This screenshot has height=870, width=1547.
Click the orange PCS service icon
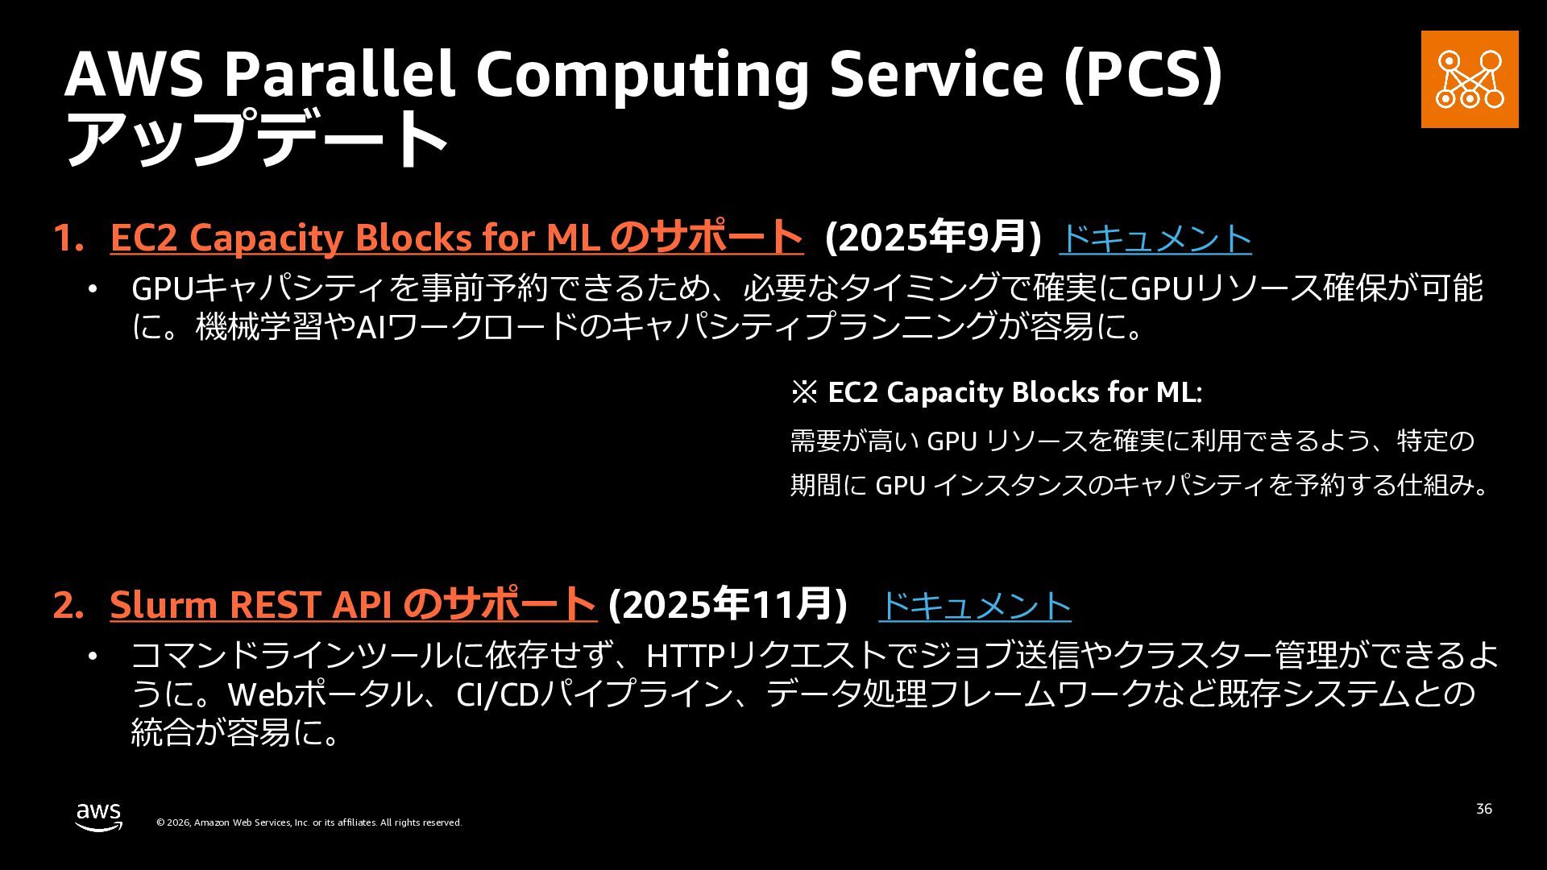click(x=1470, y=79)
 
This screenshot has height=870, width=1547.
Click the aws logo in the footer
click(x=99, y=817)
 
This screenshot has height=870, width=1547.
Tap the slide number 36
click(x=1484, y=809)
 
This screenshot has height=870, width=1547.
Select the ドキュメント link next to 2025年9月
click(x=1155, y=238)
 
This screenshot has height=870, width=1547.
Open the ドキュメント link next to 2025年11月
click(x=975, y=606)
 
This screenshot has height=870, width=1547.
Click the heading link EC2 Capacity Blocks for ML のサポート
click(x=457, y=238)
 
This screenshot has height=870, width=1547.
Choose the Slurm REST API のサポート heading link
click(x=353, y=605)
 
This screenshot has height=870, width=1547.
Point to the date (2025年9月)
click(x=933, y=238)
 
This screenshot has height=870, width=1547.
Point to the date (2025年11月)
click(x=728, y=605)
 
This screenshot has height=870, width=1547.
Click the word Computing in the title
click(x=642, y=75)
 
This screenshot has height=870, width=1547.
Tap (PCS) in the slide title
click(x=1143, y=75)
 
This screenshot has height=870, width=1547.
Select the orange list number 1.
click(x=68, y=238)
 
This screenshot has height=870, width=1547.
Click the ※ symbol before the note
click(x=804, y=393)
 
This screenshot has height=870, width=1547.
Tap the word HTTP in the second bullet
click(x=686, y=656)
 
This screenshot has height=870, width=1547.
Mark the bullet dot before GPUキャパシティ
click(x=93, y=288)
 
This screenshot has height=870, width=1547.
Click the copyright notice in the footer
click(x=309, y=822)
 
